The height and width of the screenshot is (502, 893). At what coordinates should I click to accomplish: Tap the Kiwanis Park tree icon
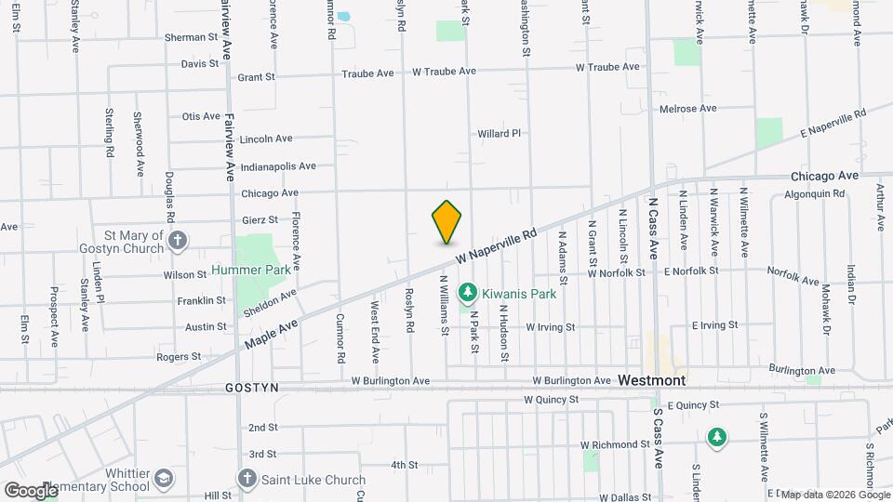click(467, 294)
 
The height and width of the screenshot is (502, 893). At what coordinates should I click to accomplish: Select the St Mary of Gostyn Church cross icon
click(178, 242)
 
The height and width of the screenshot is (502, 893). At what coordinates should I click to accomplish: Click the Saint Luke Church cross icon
click(247, 479)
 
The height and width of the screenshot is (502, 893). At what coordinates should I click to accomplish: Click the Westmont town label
click(652, 380)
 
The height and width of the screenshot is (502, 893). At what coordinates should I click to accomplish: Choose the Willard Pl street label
click(499, 134)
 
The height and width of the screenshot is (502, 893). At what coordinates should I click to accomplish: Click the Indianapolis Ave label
click(278, 166)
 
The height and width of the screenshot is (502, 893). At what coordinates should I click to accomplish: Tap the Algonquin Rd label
click(813, 194)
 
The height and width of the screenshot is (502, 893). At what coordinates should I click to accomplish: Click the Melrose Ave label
click(687, 109)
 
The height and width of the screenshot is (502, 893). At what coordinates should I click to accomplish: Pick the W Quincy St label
click(551, 399)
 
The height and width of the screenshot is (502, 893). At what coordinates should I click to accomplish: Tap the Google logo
click(30, 490)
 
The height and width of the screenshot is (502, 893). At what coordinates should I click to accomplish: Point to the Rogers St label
click(179, 357)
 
